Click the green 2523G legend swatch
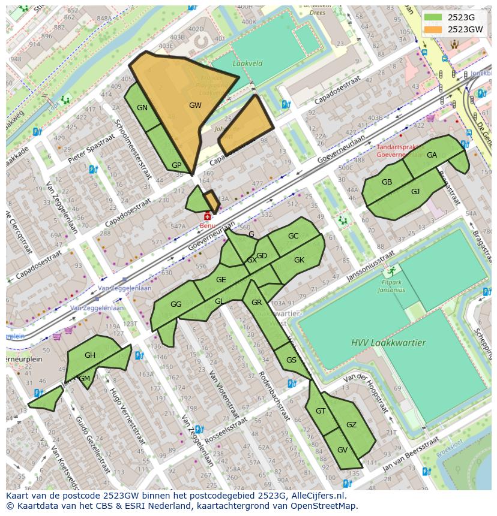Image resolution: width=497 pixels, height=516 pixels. coord(432,17)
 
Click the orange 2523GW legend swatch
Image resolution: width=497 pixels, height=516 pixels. coord(432,29)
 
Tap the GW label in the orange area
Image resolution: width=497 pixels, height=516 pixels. coord(195,105)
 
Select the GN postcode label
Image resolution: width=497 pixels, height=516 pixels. coord(142,108)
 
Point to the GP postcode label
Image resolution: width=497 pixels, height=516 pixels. coord(176,165)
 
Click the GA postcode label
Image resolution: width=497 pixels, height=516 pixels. coord(432,155)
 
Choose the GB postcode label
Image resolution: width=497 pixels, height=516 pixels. coord(387,183)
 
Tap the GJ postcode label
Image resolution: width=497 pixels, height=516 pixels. coord(415,192)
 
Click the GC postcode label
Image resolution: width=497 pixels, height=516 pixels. coord(293,236)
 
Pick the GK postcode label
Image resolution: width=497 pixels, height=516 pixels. coord(299,260)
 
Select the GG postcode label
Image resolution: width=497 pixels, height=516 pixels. coord(176,304)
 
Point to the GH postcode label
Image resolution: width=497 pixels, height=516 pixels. coord(90,355)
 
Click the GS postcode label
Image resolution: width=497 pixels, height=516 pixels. coord(291,360)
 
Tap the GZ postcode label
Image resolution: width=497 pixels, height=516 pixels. coord(351,425)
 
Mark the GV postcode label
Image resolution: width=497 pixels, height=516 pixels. coord(342,450)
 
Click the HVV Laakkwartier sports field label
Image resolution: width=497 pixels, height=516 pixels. coord(388,343)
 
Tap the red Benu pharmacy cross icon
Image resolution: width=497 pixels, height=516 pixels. coord(208,216)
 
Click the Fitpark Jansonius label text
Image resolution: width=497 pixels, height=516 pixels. coord(391,286)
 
